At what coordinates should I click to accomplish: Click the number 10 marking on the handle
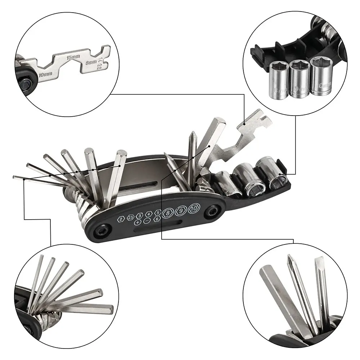click(194, 208)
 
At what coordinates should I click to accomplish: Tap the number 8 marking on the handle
click(167, 212)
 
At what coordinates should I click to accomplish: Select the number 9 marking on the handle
click(181, 210)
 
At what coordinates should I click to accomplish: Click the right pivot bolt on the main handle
click(212, 211)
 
